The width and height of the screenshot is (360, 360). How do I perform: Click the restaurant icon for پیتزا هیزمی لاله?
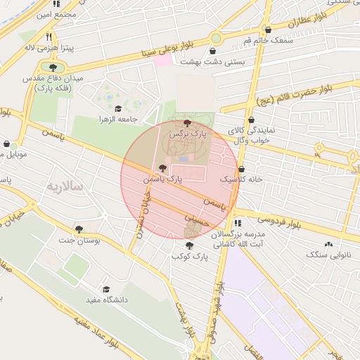click(49, 37)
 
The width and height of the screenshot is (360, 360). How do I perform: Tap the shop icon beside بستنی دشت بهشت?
click(213, 51)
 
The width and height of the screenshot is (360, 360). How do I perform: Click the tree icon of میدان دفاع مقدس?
click(53, 67)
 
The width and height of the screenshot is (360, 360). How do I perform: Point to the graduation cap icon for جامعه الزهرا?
click(118, 109)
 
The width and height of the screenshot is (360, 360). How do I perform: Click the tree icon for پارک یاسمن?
click(163, 169)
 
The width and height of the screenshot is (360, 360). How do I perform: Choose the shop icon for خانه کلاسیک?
click(242, 169)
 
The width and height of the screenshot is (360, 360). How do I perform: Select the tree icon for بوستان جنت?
click(79, 229)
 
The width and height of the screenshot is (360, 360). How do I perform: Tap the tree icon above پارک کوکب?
click(190, 245)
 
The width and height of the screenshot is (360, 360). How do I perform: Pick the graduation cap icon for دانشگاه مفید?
click(106, 289)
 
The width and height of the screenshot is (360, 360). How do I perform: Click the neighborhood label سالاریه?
click(65, 186)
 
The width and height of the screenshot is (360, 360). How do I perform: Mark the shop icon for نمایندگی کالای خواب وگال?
click(251, 120)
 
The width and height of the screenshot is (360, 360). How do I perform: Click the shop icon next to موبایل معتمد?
click(6, 143)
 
